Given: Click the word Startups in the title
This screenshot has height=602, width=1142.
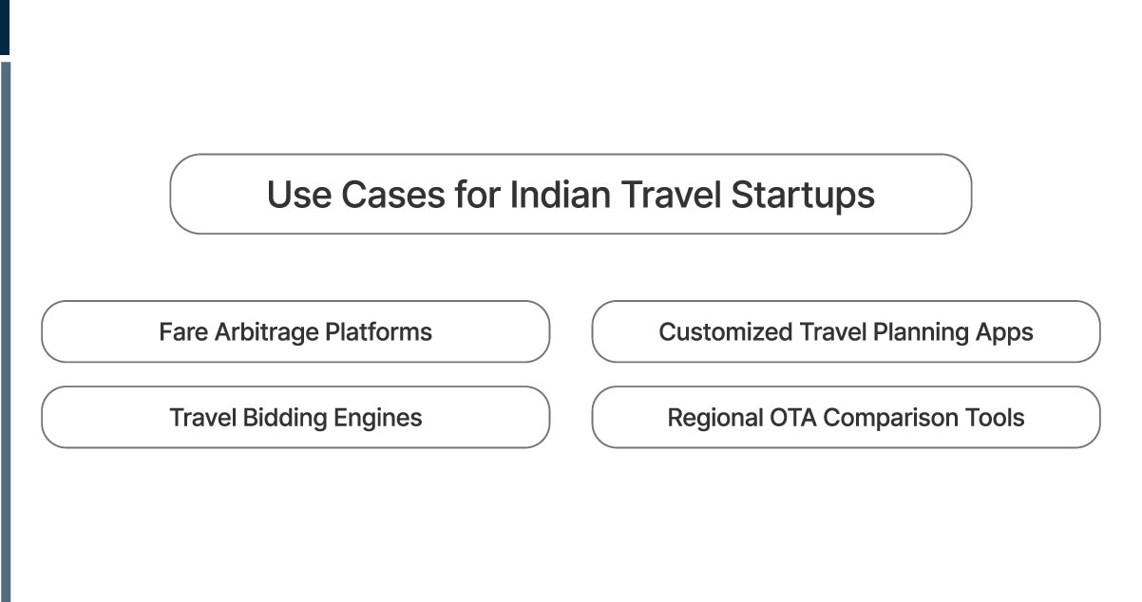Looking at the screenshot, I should coord(803,195).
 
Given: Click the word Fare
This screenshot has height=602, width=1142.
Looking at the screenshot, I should coord(182,332).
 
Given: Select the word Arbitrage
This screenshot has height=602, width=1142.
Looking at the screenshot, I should coord(266,332).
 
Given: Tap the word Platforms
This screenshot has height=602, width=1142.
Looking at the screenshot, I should coord(378,332).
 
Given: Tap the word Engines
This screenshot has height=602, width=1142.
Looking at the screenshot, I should coord(379,418).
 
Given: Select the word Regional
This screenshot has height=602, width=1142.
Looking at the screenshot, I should coord(712,418).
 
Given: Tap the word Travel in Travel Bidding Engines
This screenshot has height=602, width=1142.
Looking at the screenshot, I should coord(202,418).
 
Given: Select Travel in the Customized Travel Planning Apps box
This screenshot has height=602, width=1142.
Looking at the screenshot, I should coord(829,332).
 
